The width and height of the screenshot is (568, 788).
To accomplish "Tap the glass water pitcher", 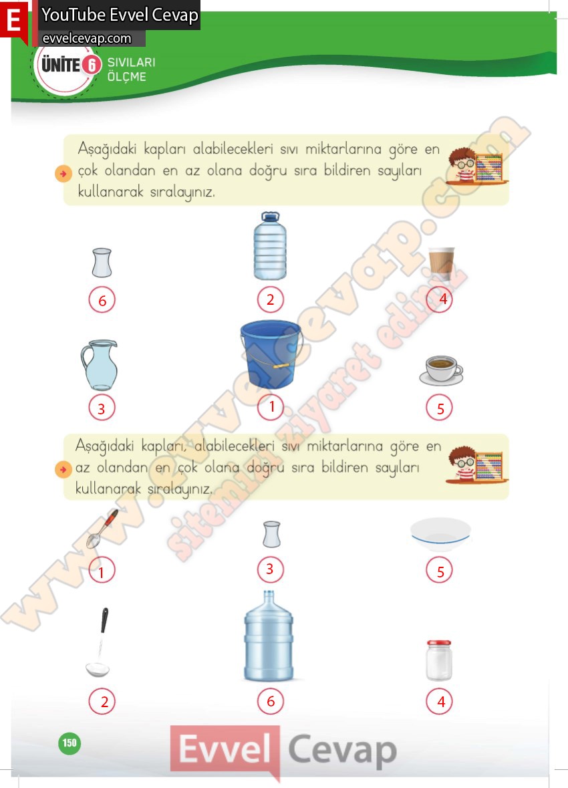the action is tap(100, 366).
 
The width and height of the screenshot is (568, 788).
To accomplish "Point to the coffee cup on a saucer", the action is tap(441, 370).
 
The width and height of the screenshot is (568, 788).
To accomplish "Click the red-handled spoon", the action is tap(102, 529).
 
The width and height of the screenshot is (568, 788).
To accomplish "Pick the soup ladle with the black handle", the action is tap(99, 642).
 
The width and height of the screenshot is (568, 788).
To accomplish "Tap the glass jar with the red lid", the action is tap(439, 660).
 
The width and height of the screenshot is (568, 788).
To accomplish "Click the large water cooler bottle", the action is tap(269, 636).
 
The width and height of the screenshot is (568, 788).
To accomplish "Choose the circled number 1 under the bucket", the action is tap(271, 407).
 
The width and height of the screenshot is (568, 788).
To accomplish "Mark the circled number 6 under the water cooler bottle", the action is tap(271, 701).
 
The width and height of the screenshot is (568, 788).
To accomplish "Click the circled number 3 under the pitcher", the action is tap(102, 408).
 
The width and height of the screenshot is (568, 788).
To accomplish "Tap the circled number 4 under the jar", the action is tap(439, 702).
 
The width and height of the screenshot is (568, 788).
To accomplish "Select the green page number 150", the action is tap(69, 743).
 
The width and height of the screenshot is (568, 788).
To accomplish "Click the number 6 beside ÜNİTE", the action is tap(92, 65).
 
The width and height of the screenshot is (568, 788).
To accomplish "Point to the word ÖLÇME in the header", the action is tap(127, 77).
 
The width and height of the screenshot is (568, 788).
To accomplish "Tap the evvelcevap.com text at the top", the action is tap(86, 39).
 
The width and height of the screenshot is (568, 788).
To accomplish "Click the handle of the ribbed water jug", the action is tap(270, 217).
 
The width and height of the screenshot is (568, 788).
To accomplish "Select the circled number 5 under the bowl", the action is tap(439, 571).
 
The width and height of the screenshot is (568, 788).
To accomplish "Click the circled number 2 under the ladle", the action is tap(102, 702).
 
